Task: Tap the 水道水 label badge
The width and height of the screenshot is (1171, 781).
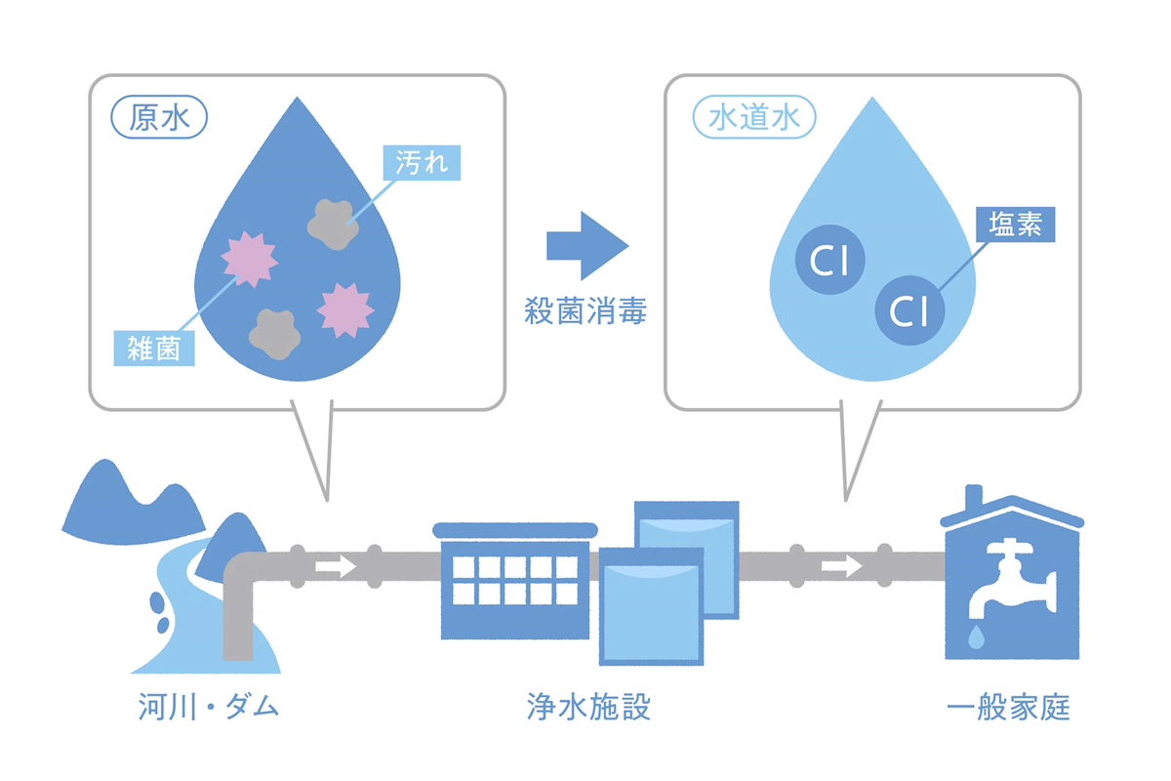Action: pyautogui.click(x=753, y=117)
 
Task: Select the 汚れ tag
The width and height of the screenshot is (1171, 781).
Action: pyautogui.click(x=421, y=161)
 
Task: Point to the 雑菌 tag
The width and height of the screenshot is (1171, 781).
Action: pyautogui.click(x=154, y=348)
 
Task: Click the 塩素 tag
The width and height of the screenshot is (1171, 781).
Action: pyautogui.click(x=1016, y=226)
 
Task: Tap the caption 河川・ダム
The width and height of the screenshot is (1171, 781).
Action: pyautogui.click(x=208, y=706)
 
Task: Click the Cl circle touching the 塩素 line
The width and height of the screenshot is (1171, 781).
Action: pyautogui.click(x=909, y=310)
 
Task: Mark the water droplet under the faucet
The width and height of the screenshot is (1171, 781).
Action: pyautogui.click(x=976, y=637)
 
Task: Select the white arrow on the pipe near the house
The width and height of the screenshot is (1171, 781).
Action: pyautogui.click(x=841, y=565)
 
